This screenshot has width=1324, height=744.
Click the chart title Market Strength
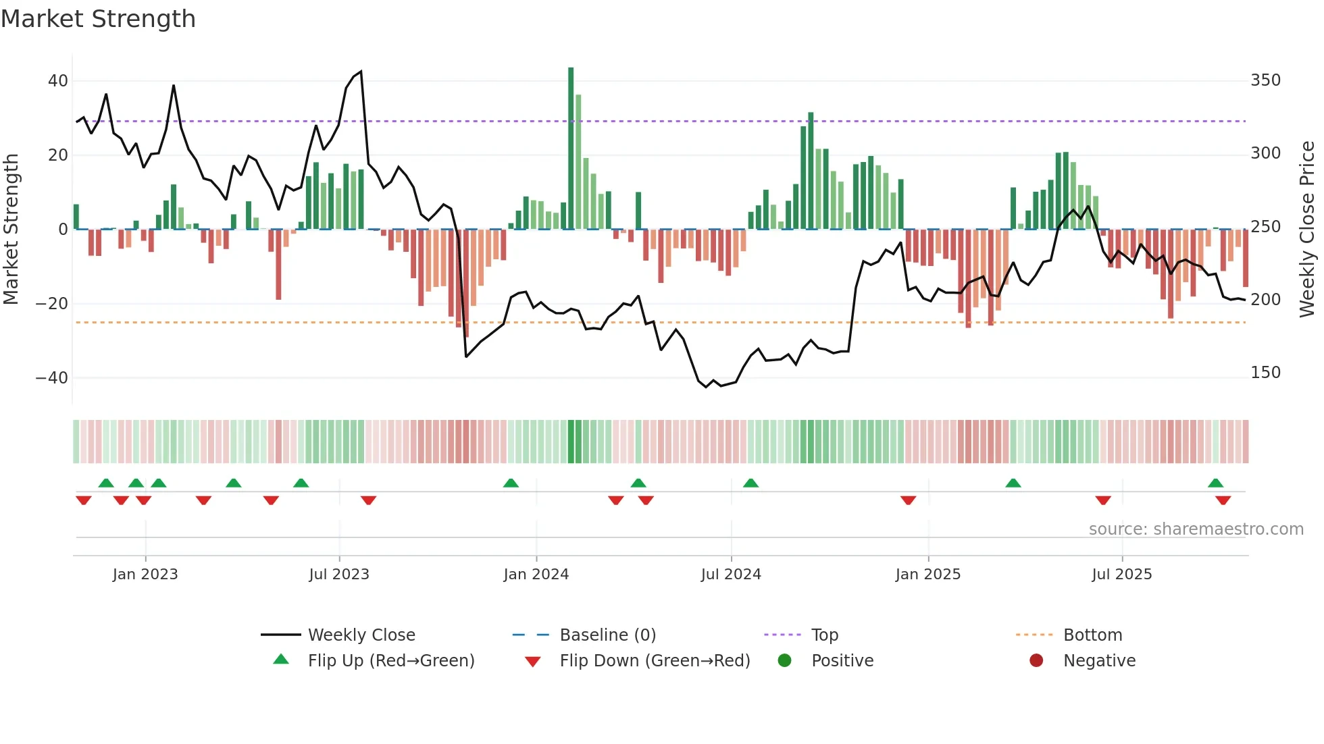point(99,19)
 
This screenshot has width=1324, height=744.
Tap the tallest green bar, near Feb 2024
point(571,148)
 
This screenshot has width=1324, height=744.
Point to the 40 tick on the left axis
point(58,81)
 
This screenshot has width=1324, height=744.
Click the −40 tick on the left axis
point(52,378)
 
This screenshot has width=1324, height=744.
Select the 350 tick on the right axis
point(1265,80)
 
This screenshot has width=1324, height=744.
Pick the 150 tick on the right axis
point(1265,373)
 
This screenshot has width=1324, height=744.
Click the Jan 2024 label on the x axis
point(536,575)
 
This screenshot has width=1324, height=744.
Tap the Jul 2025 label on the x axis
point(1121,575)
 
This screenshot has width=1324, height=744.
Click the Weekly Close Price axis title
point(1307,230)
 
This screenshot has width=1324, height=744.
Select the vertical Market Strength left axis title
point(11,230)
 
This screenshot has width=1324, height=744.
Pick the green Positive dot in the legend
point(784,661)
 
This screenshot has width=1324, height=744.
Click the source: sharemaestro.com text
point(1196,529)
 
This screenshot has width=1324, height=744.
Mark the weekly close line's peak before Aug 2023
point(361,72)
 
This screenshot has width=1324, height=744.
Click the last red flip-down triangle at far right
point(1223,500)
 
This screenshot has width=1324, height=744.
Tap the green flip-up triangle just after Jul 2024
point(750,483)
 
